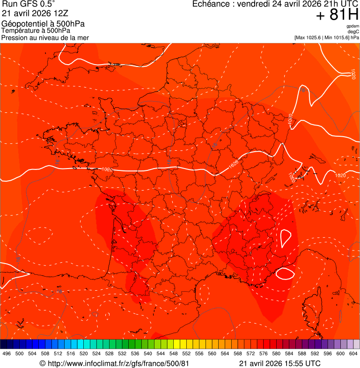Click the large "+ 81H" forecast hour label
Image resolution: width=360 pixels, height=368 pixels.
(x=337, y=15)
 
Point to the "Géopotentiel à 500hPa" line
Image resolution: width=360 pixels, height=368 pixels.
(x=43, y=24)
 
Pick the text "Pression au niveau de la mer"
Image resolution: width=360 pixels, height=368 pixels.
(x=45, y=37)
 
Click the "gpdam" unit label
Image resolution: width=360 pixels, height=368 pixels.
(x=353, y=26)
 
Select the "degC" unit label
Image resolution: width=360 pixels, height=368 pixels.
(x=353, y=31)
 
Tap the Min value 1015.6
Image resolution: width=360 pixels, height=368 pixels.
(x=340, y=37)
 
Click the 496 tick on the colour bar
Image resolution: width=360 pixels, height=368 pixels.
(x=7, y=353)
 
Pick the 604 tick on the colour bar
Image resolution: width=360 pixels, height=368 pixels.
(x=353, y=353)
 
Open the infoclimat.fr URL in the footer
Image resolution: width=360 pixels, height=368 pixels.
(x=118, y=364)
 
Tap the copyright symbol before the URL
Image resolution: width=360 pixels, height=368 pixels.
(x=42, y=364)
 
